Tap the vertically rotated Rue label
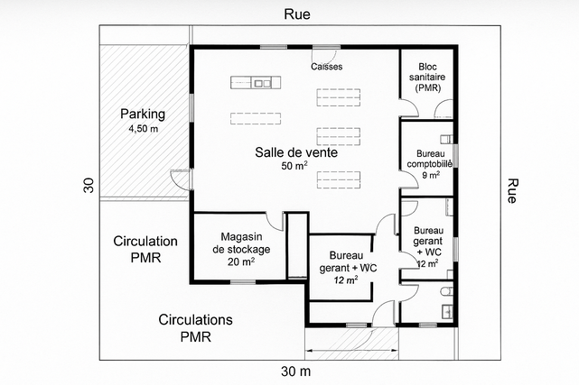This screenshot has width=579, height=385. (x=513, y=191)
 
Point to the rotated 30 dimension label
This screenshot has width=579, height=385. (x=89, y=185)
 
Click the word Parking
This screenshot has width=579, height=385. (x=143, y=115)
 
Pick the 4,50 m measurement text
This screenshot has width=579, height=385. (x=143, y=130)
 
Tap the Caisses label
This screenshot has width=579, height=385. (x=326, y=67)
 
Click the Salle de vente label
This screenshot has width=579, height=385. (x=296, y=152)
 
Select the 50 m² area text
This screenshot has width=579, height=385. (x=295, y=167)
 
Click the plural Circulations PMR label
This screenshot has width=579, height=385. (x=196, y=328)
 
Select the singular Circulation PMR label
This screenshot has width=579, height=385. (x=145, y=249)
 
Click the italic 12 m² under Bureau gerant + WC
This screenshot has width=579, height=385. (x=345, y=280)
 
